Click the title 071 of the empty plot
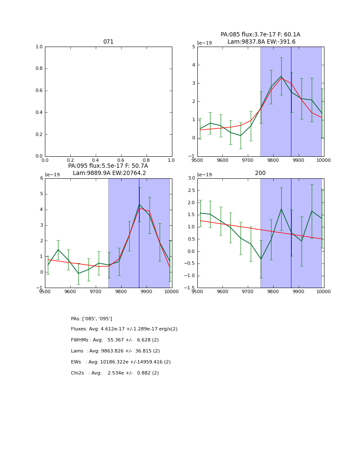click(x=108, y=42)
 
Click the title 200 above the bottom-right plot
click(x=260, y=173)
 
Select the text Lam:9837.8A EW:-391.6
click(x=261, y=42)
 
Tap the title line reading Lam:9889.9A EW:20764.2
click(x=109, y=173)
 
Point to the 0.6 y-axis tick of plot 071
click(x=39, y=91)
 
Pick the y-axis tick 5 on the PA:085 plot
click(x=193, y=47)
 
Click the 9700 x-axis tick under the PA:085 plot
click(x=248, y=160)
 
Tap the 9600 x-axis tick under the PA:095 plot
click(x=70, y=291)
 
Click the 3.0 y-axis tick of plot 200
click(x=190, y=178)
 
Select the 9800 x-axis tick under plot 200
click(x=273, y=291)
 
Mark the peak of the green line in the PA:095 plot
click(x=139, y=205)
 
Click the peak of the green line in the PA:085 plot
click(x=281, y=76)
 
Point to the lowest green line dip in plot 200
click(x=261, y=259)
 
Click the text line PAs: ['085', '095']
click(x=91, y=319)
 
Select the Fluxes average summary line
click(x=124, y=329)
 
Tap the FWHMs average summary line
click(x=115, y=340)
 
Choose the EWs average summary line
click(x=121, y=362)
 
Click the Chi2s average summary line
click(x=115, y=373)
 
